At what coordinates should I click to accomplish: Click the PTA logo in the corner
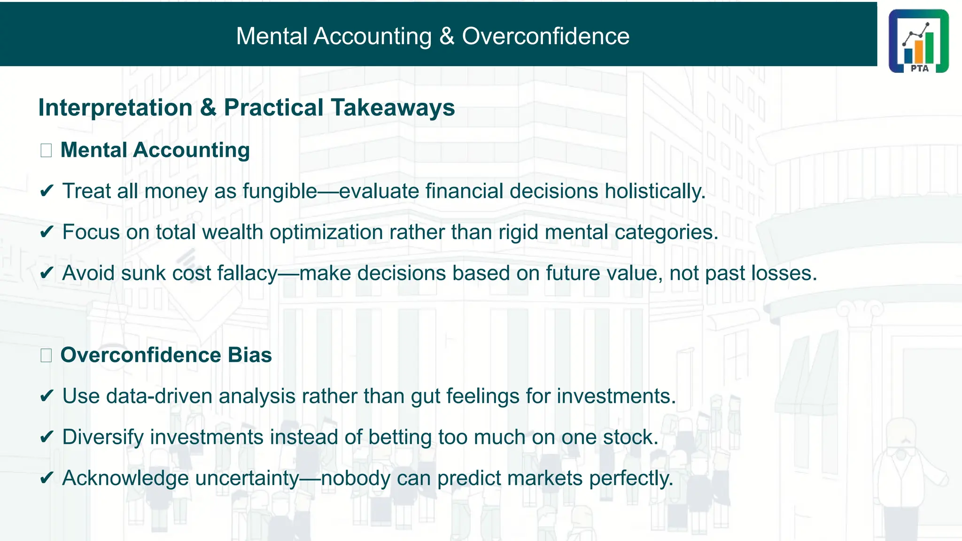coord(918,41)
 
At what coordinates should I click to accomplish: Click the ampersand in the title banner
coord(447,37)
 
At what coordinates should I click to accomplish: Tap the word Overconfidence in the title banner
coord(545,37)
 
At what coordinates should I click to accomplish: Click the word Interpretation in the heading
coord(116,108)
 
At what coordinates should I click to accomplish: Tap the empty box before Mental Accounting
coord(46,151)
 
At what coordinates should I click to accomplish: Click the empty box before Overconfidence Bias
coord(46,356)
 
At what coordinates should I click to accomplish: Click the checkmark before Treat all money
coord(47,191)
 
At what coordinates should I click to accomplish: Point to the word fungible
coord(280,192)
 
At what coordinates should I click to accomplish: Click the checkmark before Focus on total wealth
coord(47,232)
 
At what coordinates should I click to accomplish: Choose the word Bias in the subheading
coord(249,355)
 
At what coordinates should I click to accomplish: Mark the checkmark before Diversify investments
coord(47,437)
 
